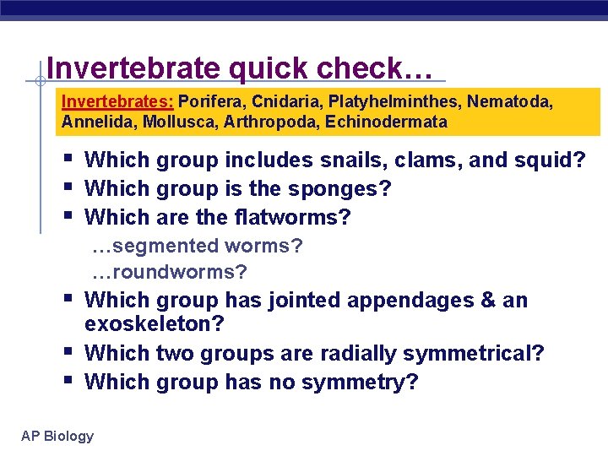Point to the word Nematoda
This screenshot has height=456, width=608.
(511, 101)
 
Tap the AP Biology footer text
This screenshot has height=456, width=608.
(57, 436)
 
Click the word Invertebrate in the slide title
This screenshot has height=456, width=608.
(136, 68)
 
